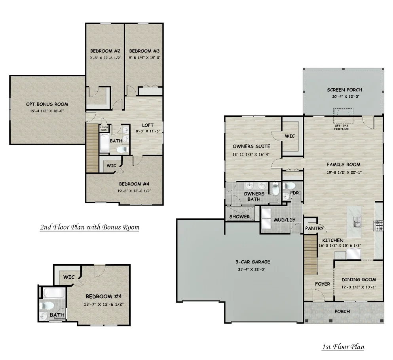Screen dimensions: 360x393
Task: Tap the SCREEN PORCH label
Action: tap(344, 90)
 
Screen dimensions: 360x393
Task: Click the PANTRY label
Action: tap(315, 228)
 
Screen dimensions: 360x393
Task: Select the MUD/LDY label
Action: tap(282, 220)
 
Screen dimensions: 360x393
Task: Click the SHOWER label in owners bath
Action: tap(239, 216)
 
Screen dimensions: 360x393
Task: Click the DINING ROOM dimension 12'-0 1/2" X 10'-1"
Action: tap(359, 287)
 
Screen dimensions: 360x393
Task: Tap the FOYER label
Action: tap(322, 284)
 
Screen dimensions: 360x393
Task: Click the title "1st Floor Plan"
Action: tap(343, 347)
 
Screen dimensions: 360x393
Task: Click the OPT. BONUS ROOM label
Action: tap(47, 104)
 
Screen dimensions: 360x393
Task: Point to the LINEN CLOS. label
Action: tap(104, 128)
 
